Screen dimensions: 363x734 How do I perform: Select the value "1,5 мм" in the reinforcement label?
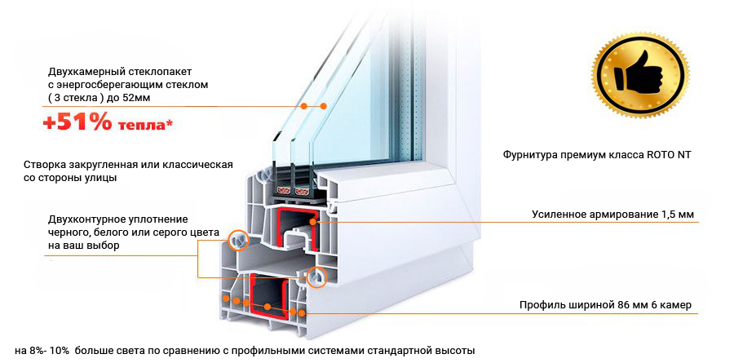674,215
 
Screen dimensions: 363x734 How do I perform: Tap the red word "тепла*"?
144,125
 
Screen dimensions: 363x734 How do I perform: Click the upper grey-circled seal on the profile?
238,239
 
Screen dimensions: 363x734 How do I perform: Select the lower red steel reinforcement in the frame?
268,299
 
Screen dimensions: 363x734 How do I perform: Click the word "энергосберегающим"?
116,84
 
